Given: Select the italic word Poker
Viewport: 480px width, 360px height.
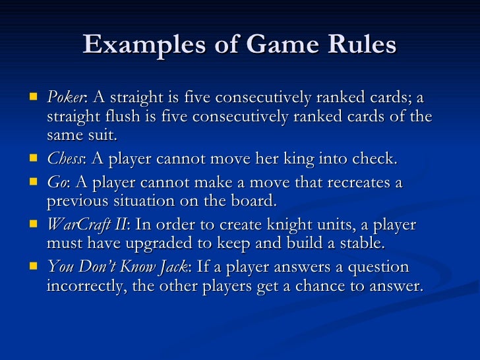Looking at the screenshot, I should (x=65, y=98).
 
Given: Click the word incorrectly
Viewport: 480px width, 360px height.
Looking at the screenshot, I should (x=86, y=287).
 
